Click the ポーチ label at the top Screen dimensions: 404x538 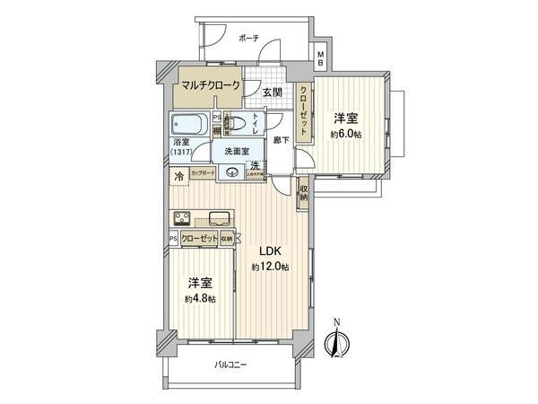248,39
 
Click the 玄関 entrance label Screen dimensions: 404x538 273,92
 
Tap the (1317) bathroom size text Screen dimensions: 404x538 182,152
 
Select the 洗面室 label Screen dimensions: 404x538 238,151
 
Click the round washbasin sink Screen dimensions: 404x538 233,173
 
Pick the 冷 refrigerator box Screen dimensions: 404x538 178,174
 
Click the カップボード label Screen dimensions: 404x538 203,172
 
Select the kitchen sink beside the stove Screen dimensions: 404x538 219,215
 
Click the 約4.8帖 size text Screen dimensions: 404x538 202,298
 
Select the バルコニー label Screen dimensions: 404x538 230,364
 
